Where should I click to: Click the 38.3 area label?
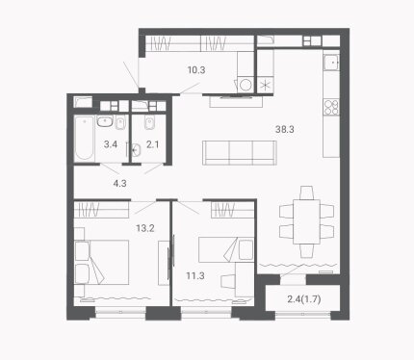tap(285, 129)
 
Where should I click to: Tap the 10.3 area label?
tap(196, 69)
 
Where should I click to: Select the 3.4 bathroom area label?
tap(111, 144)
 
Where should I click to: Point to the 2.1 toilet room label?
tap(153, 144)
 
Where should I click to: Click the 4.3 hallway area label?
tap(119, 184)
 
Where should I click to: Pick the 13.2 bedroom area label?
tap(145, 228)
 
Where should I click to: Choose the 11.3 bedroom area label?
tap(195, 275)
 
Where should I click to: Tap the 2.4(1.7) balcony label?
tap(304, 299)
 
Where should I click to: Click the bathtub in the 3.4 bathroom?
tap(84, 139)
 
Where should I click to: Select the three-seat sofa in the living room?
tap(240, 153)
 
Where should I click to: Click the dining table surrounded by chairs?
tap(306, 221)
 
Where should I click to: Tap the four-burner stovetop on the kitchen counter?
tap(331, 107)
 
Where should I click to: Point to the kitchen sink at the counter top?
tap(331, 63)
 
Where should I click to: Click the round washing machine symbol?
tap(246, 85)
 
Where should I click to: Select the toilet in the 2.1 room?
tap(149, 122)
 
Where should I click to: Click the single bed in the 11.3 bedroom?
tap(226, 250)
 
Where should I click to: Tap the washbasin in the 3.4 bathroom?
tap(105, 122)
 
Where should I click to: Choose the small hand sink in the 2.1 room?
tap(137, 149)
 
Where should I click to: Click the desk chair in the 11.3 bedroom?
tap(228, 283)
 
